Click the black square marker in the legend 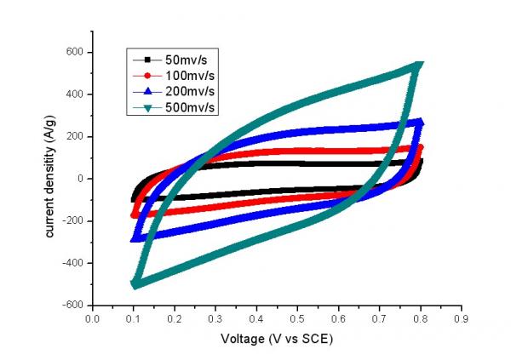[146, 60]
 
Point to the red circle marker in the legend [146, 75]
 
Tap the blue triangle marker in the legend [146, 90]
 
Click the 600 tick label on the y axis [76, 52]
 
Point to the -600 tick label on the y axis [74, 305]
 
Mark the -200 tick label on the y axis [74, 220]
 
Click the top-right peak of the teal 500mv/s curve [418, 65]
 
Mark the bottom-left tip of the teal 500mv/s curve [134, 284]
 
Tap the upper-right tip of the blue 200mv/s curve [419, 123]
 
